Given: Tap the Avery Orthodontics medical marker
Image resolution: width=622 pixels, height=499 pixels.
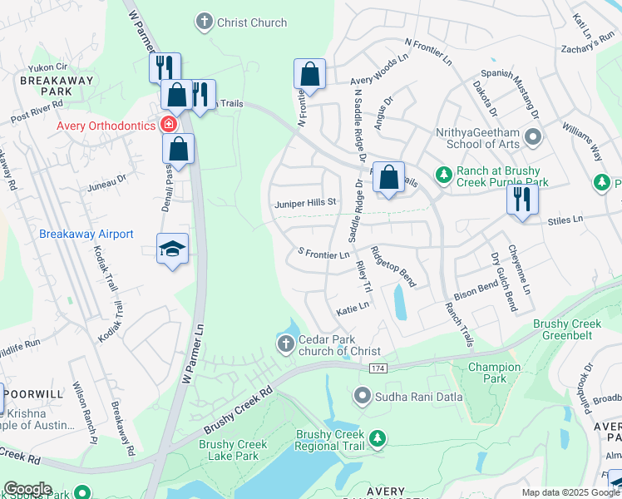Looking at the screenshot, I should click(x=169, y=126).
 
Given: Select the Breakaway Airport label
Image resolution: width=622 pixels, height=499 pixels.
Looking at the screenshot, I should click(x=86, y=234).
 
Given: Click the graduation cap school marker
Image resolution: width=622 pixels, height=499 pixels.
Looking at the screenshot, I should click(x=172, y=249).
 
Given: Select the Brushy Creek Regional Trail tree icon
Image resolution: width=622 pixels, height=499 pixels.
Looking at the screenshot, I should click(x=378, y=437).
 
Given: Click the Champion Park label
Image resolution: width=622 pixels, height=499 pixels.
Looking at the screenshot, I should click(x=494, y=373).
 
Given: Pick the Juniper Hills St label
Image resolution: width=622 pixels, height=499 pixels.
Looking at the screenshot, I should click(x=304, y=202).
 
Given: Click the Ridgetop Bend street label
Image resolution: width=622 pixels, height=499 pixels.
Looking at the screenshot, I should click(x=392, y=266).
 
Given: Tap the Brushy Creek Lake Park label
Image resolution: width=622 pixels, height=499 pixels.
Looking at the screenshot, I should click(x=233, y=450).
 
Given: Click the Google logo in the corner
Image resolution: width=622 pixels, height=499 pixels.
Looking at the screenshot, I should click(x=27, y=488).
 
